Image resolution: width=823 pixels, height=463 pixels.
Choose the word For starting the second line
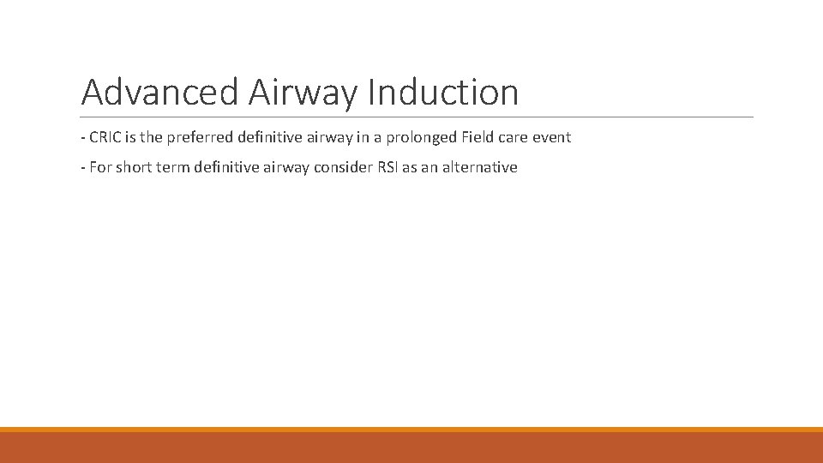100,167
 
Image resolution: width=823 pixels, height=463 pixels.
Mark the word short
134,167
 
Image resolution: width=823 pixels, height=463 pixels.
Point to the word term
172,167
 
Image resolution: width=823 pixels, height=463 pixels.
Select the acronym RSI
387,167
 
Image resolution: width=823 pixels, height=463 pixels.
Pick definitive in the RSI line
225,167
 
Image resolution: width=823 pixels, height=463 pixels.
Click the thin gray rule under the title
417,117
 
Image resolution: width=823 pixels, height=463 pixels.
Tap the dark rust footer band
411,448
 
